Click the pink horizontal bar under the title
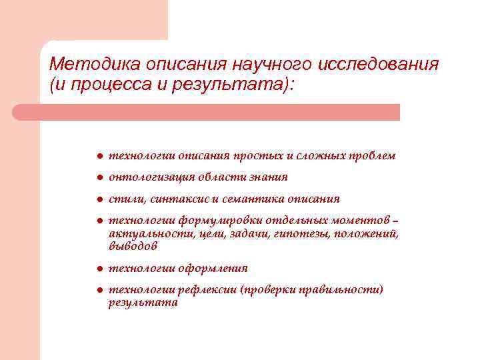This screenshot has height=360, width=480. coord(207,112)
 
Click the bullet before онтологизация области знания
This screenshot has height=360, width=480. coord(97,177)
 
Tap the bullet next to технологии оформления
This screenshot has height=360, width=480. coord(97,269)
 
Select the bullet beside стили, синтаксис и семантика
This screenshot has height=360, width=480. coord(97,199)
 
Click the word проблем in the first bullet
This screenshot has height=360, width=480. coord(373,156)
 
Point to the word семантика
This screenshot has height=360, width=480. coord(254,199)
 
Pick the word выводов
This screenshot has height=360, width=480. coord(133,246)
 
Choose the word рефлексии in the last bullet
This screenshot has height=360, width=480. coord(205,290)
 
